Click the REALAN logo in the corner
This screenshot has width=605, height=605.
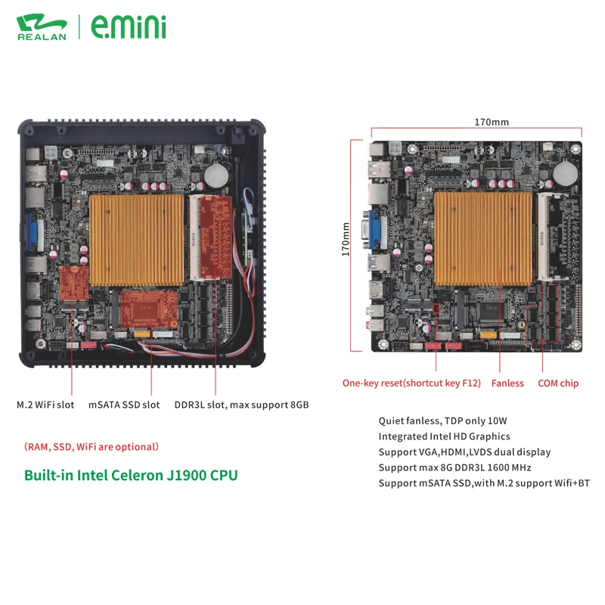tap(41, 26)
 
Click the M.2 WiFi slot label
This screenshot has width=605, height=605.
tap(45, 405)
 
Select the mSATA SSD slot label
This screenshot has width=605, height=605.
tap(124, 405)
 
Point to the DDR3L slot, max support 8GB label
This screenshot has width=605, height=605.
tap(241, 405)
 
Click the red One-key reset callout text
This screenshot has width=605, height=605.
tap(411, 383)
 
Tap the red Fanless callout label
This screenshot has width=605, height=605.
tap(507, 383)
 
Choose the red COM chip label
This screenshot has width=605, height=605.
tap(558, 383)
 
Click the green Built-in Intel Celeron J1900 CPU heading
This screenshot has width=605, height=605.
tap(131, 476)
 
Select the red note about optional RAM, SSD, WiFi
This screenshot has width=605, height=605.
tap(91, 447)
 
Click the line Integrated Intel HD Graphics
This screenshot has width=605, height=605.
tap(444, 436)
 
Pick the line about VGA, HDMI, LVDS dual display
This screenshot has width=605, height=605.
tap(464, 452)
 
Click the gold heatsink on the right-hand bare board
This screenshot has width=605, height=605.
tap(484, 238)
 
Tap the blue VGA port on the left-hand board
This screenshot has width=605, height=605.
tap(35, 232)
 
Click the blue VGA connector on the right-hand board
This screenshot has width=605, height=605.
tap(376, 231)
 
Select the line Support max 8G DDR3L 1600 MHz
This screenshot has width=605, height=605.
tap(455, 467)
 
